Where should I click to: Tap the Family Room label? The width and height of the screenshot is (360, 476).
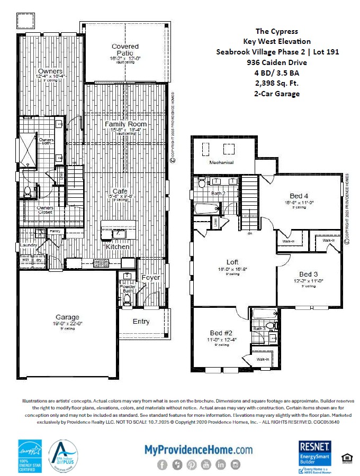tap(125, 124)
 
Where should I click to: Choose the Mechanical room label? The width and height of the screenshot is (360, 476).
tap(221, 162)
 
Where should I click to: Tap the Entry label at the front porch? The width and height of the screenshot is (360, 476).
tap(141, 321)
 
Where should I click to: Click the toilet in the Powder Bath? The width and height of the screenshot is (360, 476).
tap(127, 299)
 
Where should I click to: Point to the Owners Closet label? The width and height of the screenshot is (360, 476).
tap(44, 210)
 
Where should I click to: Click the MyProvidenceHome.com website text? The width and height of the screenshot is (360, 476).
tap(199, 450)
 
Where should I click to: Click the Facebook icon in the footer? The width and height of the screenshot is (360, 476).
tap(162, 465)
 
